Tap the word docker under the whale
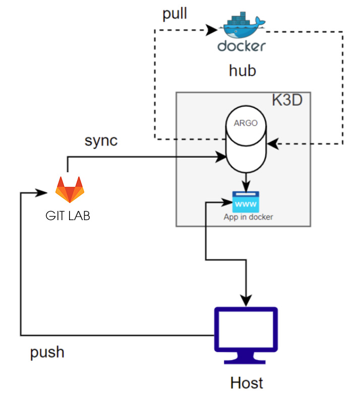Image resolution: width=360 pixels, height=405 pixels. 242,46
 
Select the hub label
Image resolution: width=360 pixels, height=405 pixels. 242,71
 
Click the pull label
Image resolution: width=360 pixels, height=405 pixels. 174,14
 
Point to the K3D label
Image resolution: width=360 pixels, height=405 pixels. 287,100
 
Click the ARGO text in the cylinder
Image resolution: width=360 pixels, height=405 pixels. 246,122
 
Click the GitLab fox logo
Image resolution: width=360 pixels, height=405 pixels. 70,189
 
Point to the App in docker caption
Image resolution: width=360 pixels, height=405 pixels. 248,217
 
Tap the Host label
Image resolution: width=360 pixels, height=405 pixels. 247,382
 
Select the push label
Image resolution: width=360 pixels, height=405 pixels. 47,351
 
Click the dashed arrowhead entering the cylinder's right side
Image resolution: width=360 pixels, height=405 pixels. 272,144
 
